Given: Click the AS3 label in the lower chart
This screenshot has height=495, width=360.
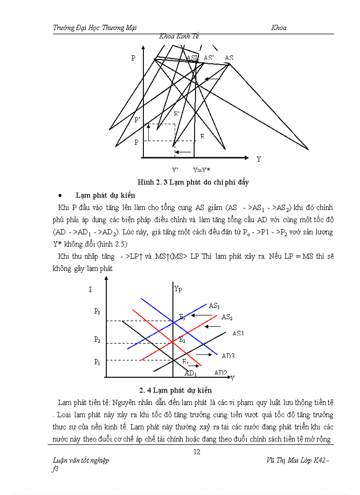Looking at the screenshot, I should click(214, 305).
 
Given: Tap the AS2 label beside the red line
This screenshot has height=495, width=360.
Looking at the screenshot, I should click(227, 317).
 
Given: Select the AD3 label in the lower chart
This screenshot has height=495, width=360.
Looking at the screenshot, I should click(228, 356).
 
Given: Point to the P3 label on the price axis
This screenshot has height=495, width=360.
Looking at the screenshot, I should click(97, 312).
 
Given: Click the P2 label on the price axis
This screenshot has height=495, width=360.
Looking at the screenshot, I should click(97, 339).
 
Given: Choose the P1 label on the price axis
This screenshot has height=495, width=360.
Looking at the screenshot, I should click(97, 362).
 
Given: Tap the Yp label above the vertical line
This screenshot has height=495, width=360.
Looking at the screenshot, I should click(178, 289).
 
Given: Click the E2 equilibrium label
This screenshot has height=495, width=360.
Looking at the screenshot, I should click(181, 339).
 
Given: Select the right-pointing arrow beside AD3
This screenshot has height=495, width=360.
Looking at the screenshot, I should click(203, 354).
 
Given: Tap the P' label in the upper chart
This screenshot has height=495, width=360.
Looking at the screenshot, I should click(137, 120).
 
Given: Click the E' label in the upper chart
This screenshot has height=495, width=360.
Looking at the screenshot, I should click(176, 114).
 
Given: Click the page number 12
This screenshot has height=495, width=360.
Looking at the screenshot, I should click(197, 451).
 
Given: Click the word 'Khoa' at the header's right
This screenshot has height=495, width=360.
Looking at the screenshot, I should click(279, 28).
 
